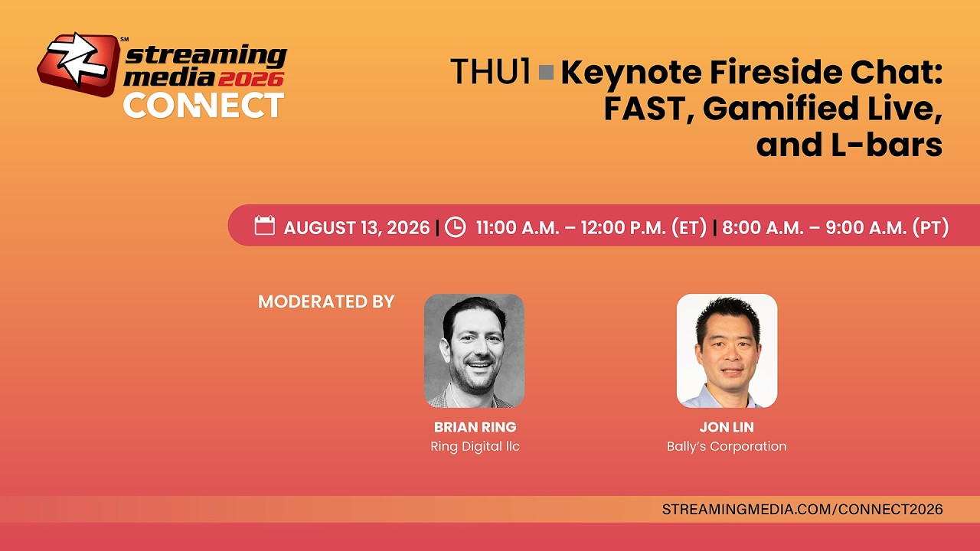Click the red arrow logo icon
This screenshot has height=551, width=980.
coord(79,64)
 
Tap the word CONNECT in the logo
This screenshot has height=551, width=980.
coord(204,106)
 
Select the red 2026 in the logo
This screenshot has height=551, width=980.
coord(250,79)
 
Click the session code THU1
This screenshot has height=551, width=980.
coord(491,71)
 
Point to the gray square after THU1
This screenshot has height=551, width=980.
coord(547,73)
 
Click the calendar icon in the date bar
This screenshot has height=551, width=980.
coord(265,225)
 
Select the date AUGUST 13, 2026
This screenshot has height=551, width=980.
coord(357,227)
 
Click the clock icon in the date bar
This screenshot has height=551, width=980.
coord(455,227)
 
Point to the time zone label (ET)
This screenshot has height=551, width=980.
coord(690,227)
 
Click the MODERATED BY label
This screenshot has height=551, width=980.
coord(326,302)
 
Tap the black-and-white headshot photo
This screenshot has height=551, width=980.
coord(474,350)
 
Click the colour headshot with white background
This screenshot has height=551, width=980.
coord(727,350)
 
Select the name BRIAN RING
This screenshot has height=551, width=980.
coord(475,427)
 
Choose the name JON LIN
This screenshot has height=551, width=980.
coord(727,427)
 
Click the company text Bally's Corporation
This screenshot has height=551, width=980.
coord(727,446)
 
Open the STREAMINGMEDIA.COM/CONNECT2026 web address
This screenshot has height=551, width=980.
coord(802,510)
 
